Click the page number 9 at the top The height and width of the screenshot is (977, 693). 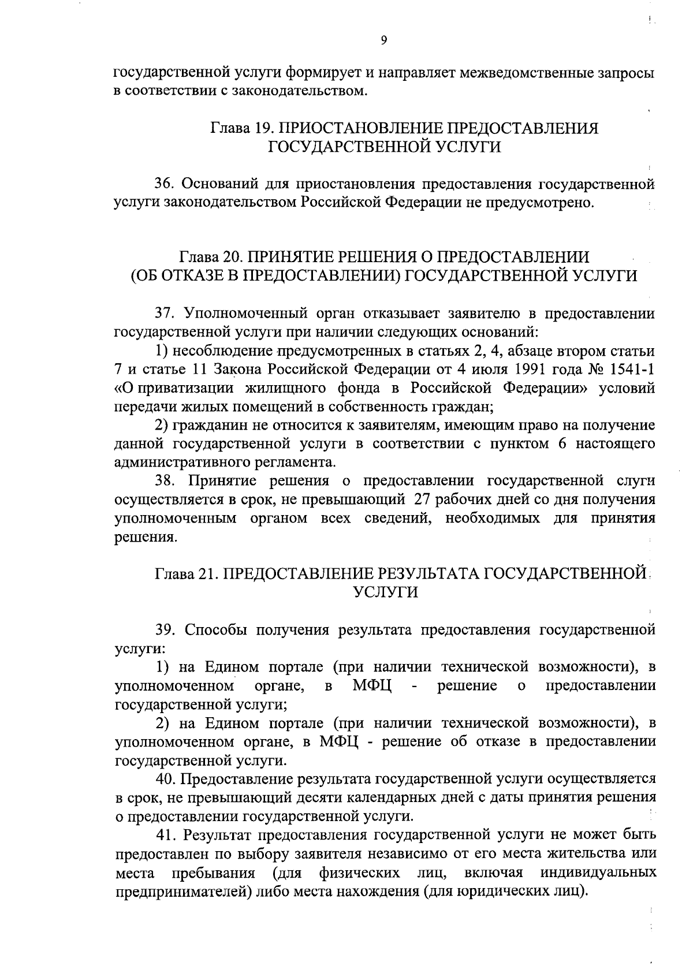[x=384, y=40]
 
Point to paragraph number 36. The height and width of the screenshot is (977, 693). [x=165, y=184]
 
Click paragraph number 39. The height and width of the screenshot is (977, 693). [x=165, y=629]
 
